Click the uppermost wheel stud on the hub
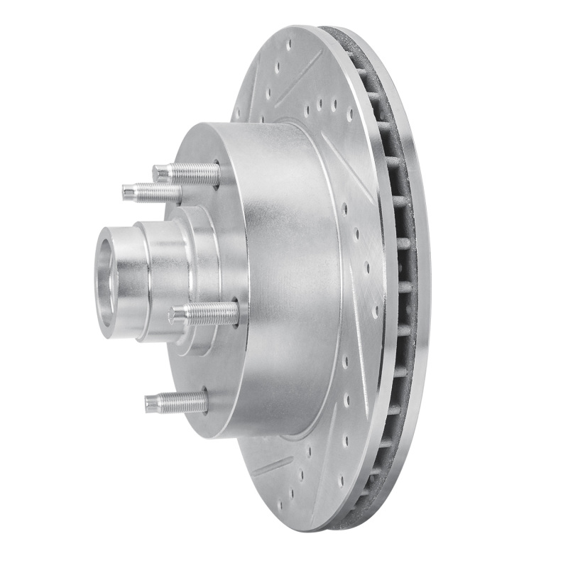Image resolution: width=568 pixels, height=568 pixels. click(x=187, y=173)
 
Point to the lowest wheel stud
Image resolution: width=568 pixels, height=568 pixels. click(x=176, y=403)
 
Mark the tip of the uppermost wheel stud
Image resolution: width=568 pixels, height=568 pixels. click(x=158, y=171)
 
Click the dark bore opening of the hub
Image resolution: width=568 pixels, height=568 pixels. click(x=105, y=280)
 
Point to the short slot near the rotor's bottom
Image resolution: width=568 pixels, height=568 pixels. click(x=274, y=466)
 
